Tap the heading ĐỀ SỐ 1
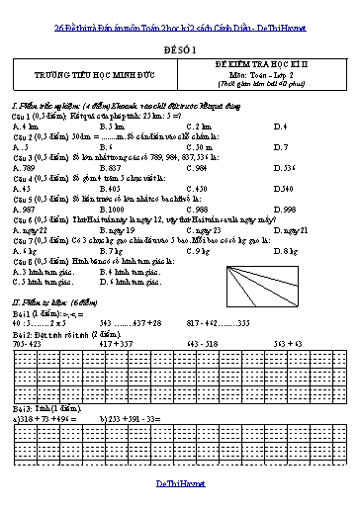pos(179,46)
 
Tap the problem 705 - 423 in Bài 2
pos(29,342)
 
